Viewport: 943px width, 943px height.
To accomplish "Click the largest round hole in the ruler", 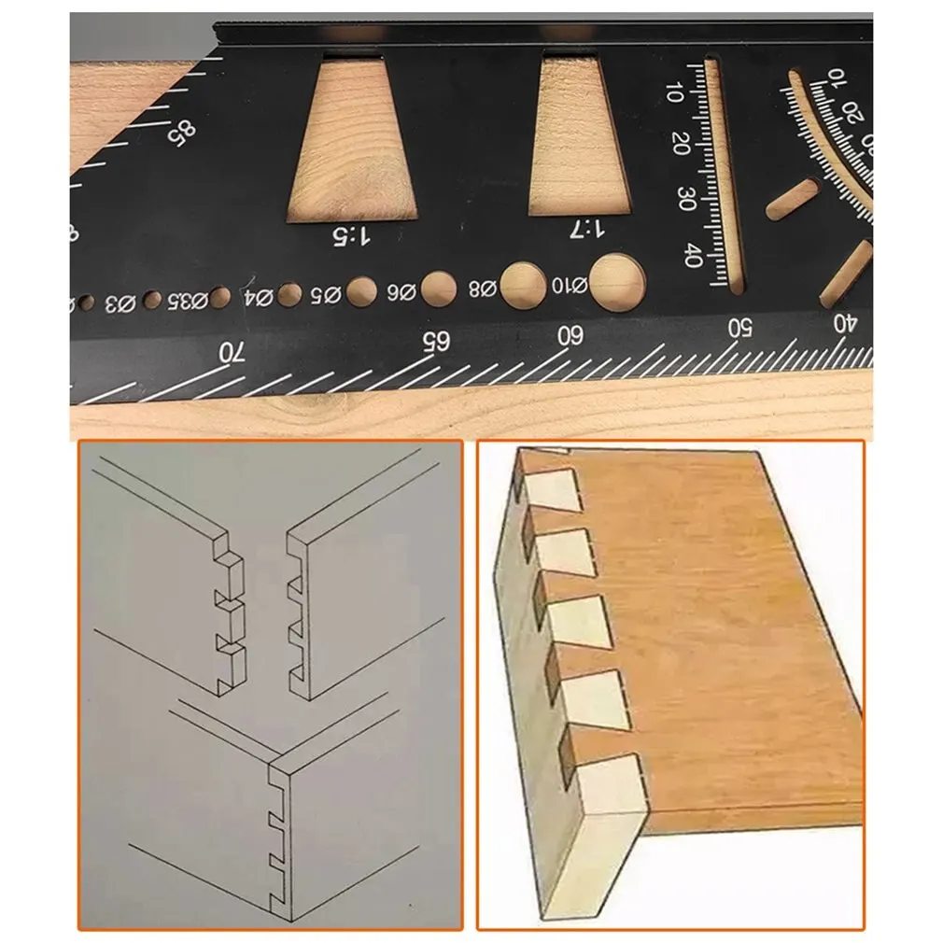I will [617, 282].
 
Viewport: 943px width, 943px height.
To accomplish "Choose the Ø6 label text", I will [401, 291].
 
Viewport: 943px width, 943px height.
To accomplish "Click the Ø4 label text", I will [259, 298].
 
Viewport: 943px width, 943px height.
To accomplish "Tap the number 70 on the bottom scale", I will [230, 353].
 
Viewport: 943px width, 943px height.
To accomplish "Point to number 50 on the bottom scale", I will [740, 327].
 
